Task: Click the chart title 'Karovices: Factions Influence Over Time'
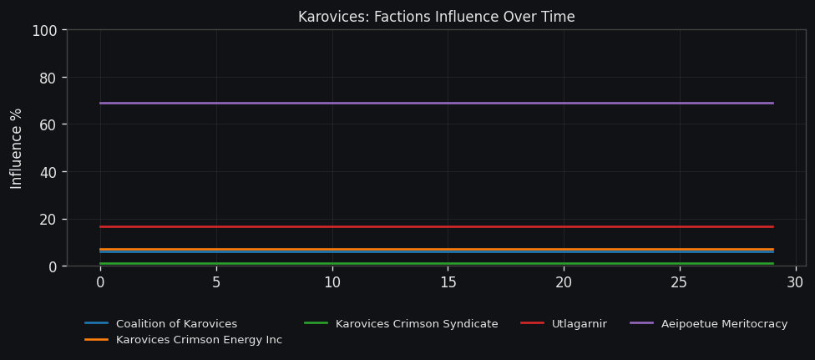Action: (x=436, y=17)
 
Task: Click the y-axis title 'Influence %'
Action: (x=17, y=148)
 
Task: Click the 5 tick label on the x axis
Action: (x=216, y=283)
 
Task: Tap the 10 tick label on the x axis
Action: (x=332, y=283)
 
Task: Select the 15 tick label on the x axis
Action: (x=448, y=283)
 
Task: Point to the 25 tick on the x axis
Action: (x=679, y=283)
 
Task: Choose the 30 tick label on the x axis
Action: (x=795, y=283)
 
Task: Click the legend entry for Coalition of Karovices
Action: (x=176, y=324)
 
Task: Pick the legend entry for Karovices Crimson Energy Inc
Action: (x=199, y=340)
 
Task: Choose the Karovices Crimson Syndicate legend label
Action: (x=417, y=324)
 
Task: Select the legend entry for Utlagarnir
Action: (x=579, y=324)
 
